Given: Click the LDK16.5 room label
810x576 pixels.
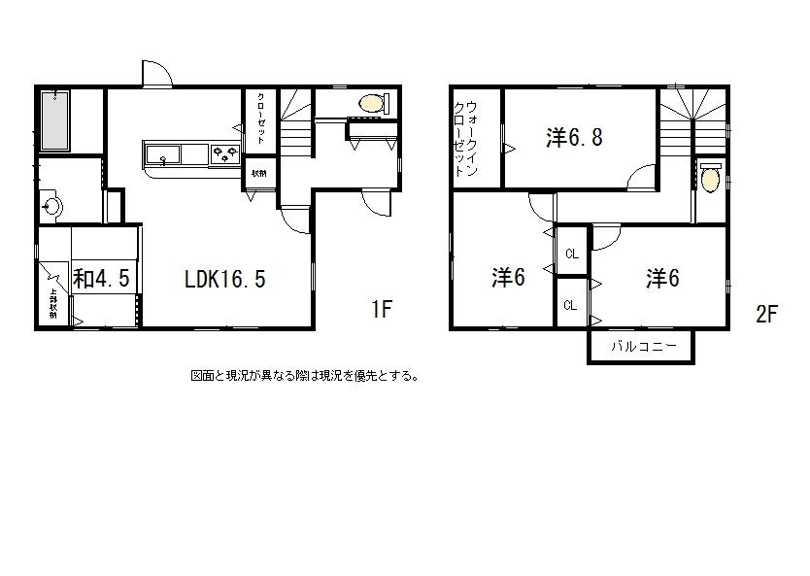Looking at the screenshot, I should (225, 280).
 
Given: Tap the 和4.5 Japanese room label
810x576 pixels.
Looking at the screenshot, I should (101, 280).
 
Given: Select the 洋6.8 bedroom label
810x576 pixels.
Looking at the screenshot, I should (574, 137).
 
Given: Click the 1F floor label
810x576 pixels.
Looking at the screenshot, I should (381, 310).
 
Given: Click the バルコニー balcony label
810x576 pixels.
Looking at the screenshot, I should (640, 347).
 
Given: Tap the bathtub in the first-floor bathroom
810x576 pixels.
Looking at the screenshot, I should (55, 121).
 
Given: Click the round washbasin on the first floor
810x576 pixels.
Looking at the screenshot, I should (53, 206).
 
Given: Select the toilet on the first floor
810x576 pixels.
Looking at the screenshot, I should (372, 102).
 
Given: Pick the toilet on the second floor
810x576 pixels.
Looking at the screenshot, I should (711, 180).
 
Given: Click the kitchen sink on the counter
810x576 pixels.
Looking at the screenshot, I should (162, 153).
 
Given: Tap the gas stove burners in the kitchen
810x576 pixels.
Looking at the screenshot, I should (224, 152).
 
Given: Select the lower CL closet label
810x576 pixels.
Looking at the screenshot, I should (571, 305).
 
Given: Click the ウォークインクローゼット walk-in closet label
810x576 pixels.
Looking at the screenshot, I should (465, 137).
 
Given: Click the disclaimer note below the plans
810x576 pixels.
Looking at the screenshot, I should (304, 375).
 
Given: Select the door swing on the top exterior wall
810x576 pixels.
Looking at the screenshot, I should (156, 75).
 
